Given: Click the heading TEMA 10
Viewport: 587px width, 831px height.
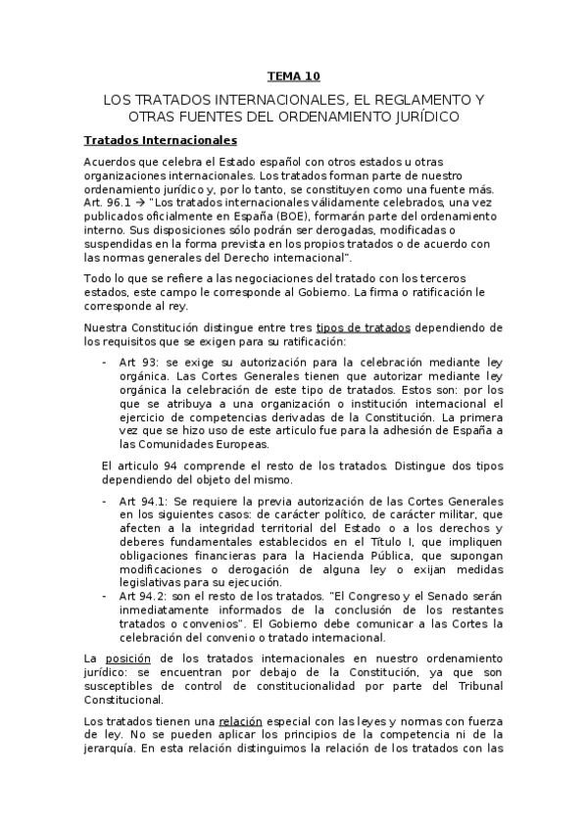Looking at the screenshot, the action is click(293, 75).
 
